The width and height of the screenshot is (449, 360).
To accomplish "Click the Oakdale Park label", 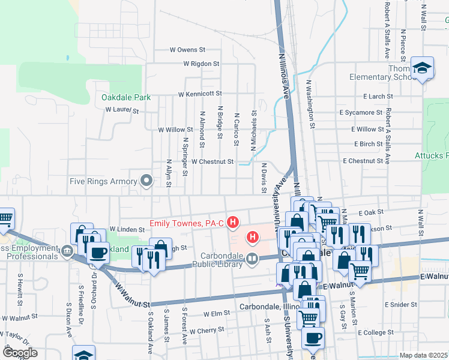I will click(125, 97).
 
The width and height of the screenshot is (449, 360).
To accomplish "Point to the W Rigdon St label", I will click(202, 63).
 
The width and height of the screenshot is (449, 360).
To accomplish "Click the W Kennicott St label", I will click(199, 94).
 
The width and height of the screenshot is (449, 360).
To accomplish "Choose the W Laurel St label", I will click(122, 110).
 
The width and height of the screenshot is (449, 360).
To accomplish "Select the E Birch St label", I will click(368, 144).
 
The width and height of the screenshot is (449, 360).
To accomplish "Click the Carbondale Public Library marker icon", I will click(252, 259).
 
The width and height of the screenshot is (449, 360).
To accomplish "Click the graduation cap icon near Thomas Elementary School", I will click(423, 68).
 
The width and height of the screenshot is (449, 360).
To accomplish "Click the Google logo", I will click(19, 352).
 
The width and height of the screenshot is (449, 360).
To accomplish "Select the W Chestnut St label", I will click(212, 161).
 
